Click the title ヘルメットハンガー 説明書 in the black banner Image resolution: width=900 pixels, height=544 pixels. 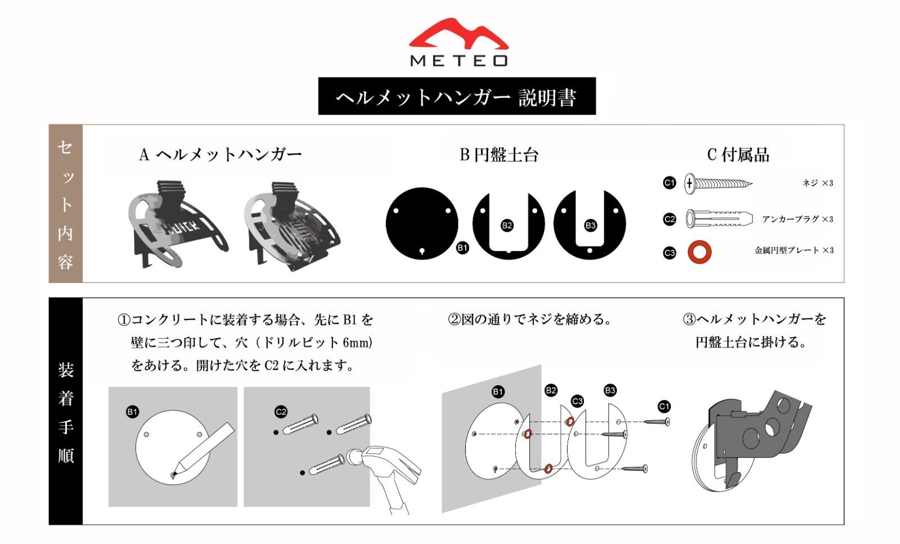click(x=456, y=97)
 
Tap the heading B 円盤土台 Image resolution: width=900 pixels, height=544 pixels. click(x=498, y=155)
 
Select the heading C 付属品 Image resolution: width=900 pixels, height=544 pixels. click(x=738, y=155)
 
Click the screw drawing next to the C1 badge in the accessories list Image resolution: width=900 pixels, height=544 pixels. click(x=718, y=184)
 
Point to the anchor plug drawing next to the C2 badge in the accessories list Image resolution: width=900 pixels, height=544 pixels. click(x=719, y=219)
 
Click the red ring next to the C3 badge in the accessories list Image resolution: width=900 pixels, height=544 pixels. click(x=700, y=253)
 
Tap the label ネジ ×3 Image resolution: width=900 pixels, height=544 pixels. click(x=818, y=183)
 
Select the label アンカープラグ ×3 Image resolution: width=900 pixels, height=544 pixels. click(x=798, y=219)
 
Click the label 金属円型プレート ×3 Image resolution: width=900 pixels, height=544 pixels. click(x=794, y=250)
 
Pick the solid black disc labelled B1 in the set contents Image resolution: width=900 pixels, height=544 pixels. click(x=421, y=223)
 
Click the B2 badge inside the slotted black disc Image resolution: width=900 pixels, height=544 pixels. click(x=507, y=226)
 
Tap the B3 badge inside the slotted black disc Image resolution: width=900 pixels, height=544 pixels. click(x=590, y=226)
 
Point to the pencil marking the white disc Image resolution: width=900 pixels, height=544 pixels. click(x=203, y=451)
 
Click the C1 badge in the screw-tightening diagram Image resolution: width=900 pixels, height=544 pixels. click(x=664, y=407)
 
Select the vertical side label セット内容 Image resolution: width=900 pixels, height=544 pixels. click(x=65, y=204)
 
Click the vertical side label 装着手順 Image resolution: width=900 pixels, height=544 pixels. click(x=65, y=412)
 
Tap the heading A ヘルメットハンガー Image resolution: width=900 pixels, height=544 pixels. click(x=220, y=155)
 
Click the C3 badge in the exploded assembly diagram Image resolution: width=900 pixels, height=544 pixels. click(x=577, y=401)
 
